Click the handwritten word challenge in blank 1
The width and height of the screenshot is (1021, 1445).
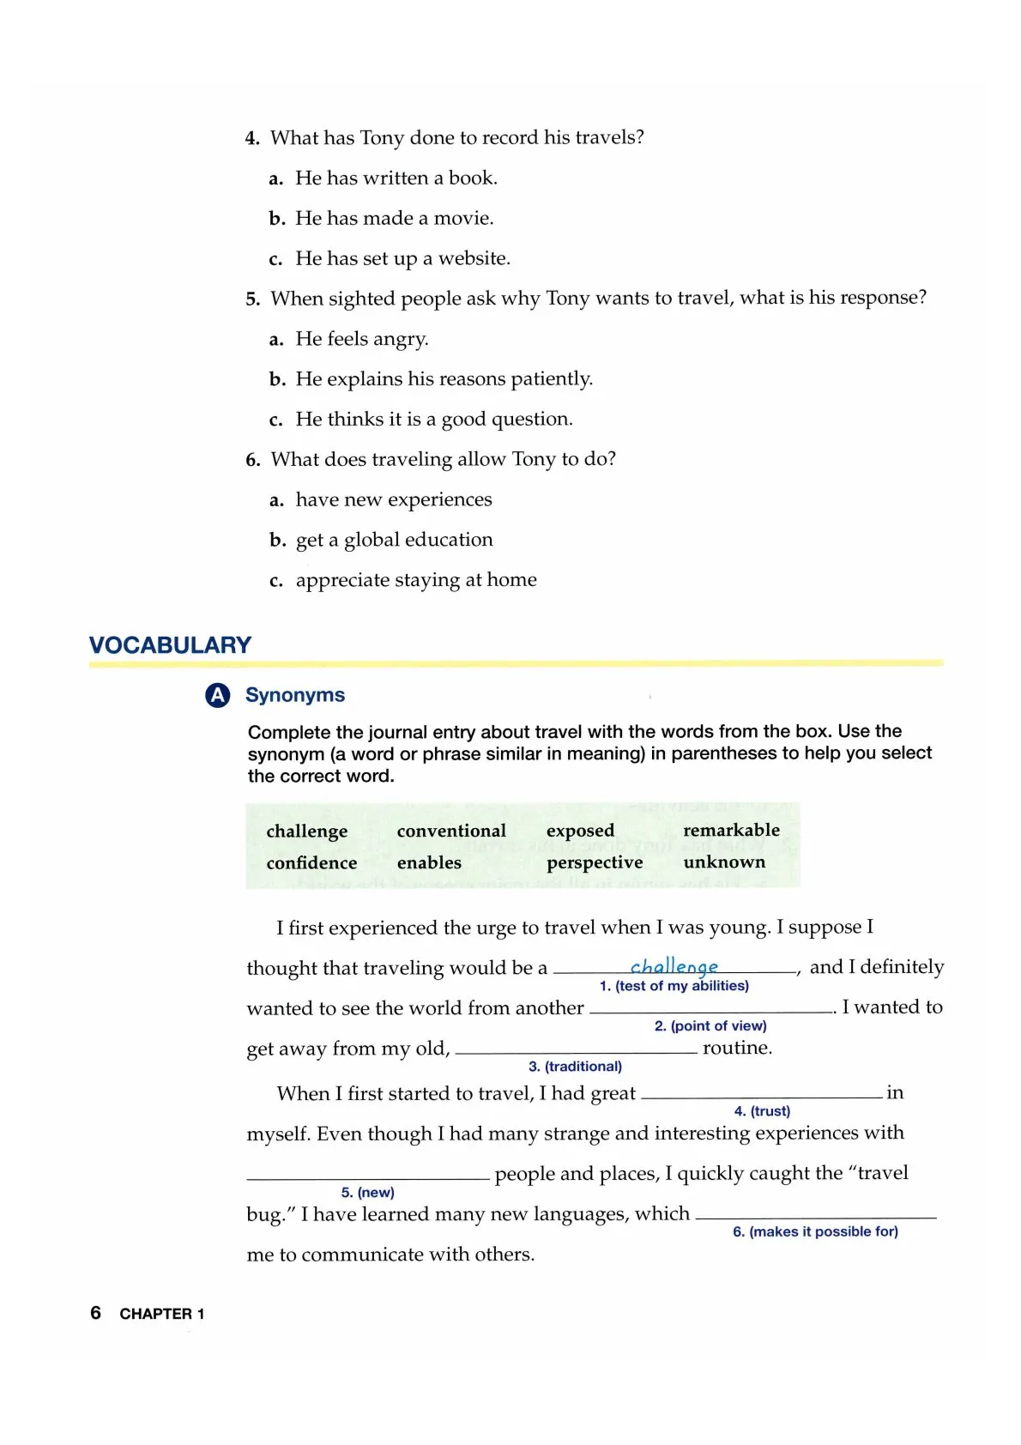tap(674, 966)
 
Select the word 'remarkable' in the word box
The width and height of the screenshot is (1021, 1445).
tap(731, 830)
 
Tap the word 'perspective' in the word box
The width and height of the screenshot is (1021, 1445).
tap(595, 862)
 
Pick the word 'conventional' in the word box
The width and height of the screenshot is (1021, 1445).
tap(451, 831)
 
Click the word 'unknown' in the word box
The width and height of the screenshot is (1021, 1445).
tap(724, 862)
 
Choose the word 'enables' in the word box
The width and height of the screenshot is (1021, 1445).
tap(429, 862)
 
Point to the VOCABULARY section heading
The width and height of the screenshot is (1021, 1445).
tap(170, 645)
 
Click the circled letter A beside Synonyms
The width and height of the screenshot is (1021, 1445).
tap(218, 695)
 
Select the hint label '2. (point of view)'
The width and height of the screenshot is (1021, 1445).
tap(710, 1025)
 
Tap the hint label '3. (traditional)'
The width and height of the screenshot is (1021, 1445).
tap(575, 1066)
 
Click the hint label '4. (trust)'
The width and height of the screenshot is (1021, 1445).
tap(762, 1110)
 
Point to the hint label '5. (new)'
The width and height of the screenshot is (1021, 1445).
tap(367, 1192)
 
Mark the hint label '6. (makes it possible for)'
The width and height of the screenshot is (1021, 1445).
tap(815, 1231)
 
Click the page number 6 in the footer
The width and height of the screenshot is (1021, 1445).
tap(95, 1313)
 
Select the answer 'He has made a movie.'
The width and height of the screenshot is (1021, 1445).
tap(394, 218)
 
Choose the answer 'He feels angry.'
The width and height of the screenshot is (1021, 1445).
tap(361, 339)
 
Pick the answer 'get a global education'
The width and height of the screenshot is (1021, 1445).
tap(394, 540)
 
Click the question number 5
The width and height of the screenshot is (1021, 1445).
tap(252, 299)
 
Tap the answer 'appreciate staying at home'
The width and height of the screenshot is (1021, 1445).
tap(416, 580)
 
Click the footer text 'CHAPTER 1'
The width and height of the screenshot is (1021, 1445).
tap(162, 1314)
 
